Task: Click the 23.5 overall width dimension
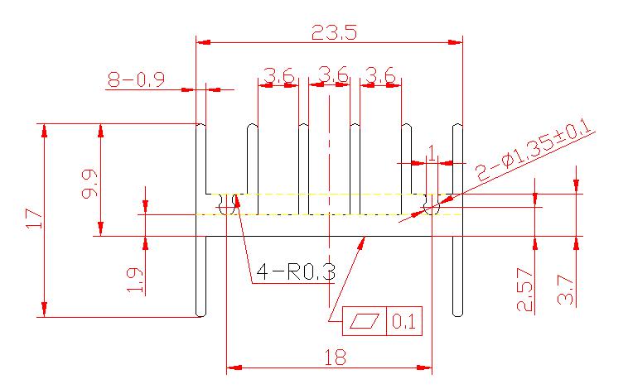click(x=334, y=32)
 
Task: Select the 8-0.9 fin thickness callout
click(x=136, y=79)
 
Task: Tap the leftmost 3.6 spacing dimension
click(x=278, y=75)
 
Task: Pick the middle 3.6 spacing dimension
click(x=332, y=74)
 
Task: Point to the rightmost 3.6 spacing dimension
click(x=380, y=75)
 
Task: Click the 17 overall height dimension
click(x=35, y=219)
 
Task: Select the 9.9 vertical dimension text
click(x=89, y=184)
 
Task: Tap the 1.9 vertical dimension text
click(x=134, y=280)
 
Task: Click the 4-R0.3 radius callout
click(x=296, y=272)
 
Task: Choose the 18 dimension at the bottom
click(x=335, y=358)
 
